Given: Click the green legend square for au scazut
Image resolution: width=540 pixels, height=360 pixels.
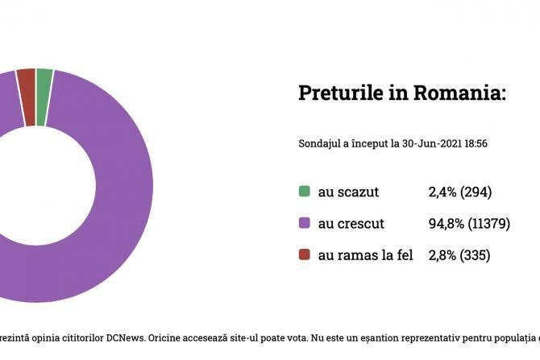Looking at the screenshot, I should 304,192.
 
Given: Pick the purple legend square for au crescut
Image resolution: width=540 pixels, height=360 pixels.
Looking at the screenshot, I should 304,223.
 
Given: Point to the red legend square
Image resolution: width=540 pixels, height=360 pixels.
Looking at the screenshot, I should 304,255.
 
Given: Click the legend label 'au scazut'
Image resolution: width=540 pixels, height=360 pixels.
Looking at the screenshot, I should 348,192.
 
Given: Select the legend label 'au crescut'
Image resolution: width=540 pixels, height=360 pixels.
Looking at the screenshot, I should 351,223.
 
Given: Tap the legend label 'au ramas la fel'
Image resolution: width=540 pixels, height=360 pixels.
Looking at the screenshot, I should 365,255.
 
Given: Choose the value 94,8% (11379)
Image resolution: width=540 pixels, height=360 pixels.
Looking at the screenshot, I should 470,223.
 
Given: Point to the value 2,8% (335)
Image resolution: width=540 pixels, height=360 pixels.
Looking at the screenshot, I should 459,255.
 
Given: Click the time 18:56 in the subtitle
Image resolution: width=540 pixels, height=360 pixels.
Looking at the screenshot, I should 476,144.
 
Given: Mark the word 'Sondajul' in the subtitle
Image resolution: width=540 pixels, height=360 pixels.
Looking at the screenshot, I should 319,144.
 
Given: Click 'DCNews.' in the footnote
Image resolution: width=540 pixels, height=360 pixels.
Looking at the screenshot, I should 127,336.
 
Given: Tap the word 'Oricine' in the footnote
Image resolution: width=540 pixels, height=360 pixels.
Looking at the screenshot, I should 168,336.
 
